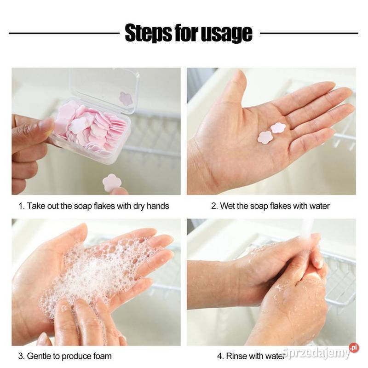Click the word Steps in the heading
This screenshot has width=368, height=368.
coord(148,33)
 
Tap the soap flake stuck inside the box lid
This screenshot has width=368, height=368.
coord(126,98)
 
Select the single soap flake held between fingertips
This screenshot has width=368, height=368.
coord(112,182)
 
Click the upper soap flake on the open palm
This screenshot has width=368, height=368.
coord(278,128)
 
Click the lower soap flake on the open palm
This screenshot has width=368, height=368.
coord(265,137)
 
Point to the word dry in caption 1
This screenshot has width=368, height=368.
coord(139,206)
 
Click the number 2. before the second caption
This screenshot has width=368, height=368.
coord(214,206)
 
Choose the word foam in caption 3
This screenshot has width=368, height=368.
coord(102,356)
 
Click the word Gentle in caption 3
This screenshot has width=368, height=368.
coord(39,356)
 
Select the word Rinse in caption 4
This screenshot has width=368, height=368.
coord(236,356)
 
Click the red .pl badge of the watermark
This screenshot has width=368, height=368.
coord(354,348)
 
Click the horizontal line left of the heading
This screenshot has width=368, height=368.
coord(64,33)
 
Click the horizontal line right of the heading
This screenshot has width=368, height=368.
coord(309,33)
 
